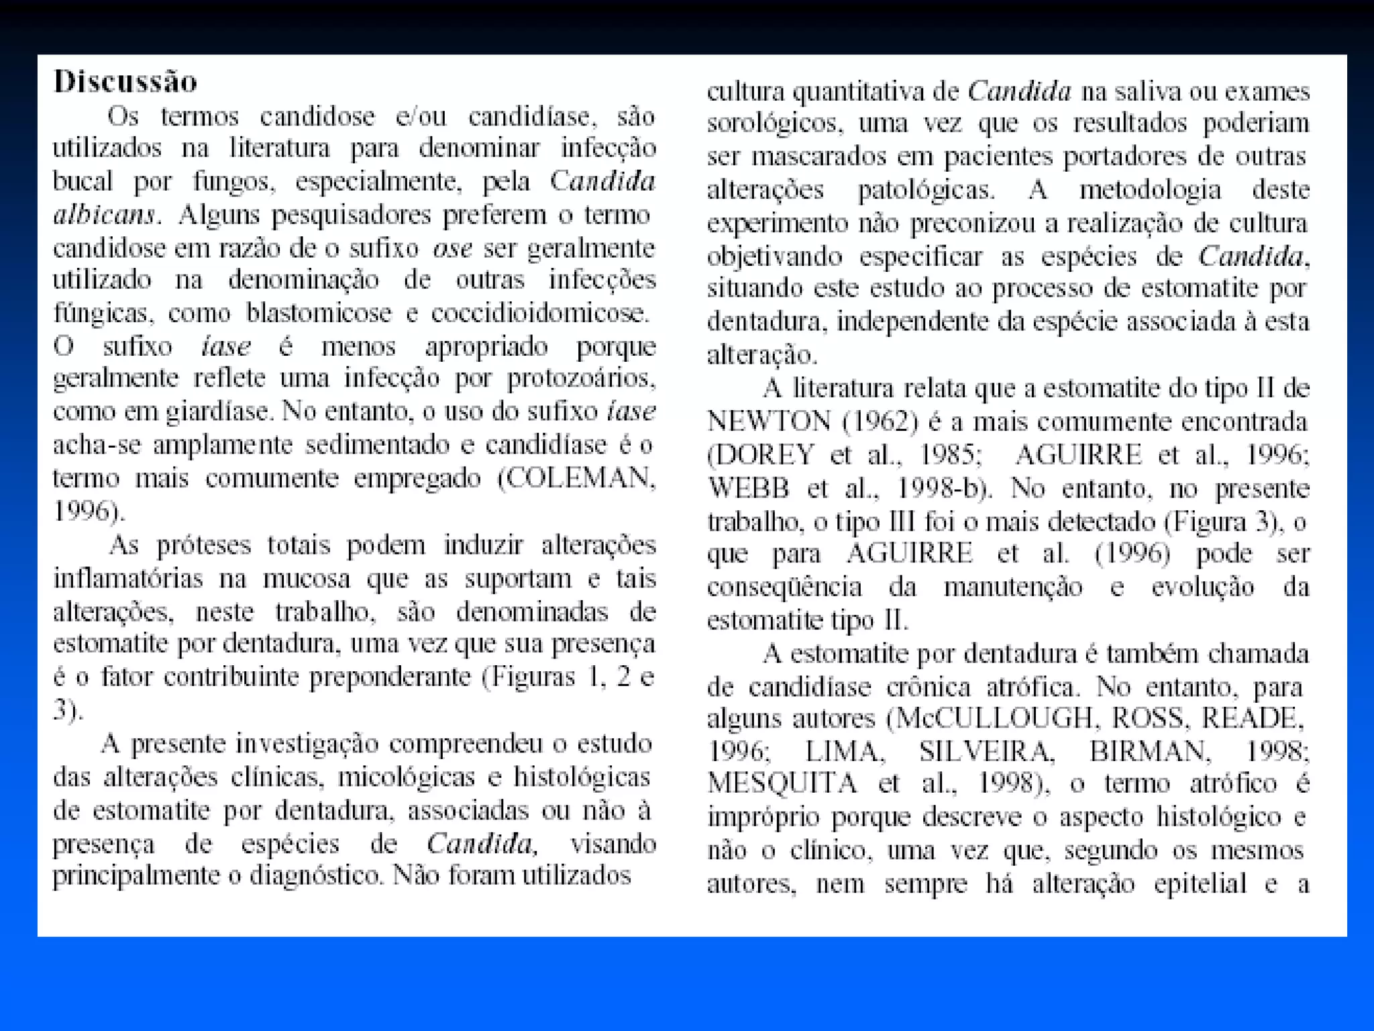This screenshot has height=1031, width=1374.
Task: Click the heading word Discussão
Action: click(x=125, y=82)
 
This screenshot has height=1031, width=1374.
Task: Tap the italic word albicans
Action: click(x=104, y=215)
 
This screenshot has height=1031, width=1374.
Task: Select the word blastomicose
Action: click(x=318, y=313)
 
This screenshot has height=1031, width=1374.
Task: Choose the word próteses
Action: click(x=202, y=545)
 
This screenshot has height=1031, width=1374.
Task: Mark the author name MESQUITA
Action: click(x=782, y=784)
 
